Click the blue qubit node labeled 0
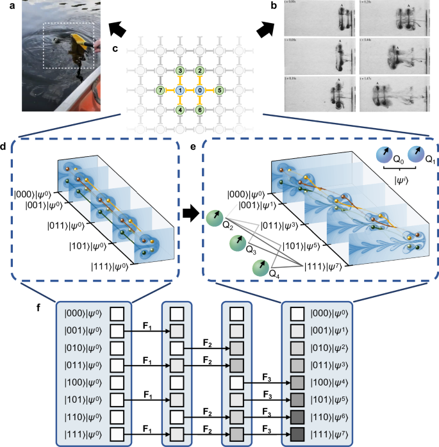[200, 91]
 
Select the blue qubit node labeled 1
[181, 91]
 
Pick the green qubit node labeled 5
[220, 91]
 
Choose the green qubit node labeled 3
[181, 70]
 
